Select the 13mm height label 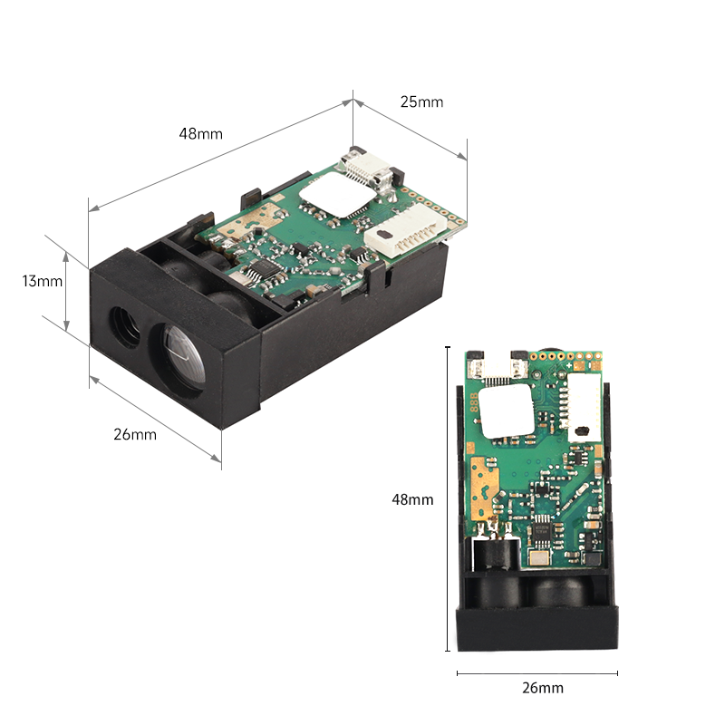click(43, 281)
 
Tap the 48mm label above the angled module click(200, 133)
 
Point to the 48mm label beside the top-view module click(412, 499)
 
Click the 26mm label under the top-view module click(543, 688)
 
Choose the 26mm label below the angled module click(135, 434)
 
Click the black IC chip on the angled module click(260, 269)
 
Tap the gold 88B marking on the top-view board click(473, 403)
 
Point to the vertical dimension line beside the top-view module click(447, 498)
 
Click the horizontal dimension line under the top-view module click(537, 672)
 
